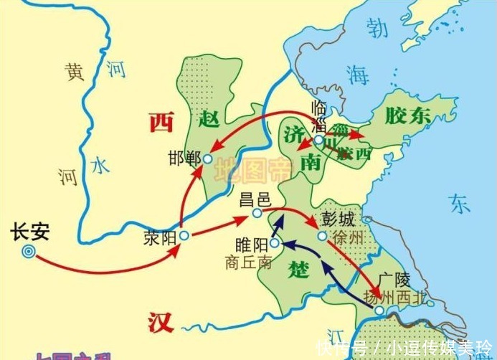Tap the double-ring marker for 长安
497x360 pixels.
(x=29, y=251)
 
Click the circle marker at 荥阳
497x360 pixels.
(x=184, y=235)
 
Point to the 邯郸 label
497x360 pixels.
(x=184, y=159)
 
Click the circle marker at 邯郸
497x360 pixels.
(x=207, y=159)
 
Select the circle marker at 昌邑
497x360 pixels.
(x=257, y=213)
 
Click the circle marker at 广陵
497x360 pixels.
(x=379, y=311)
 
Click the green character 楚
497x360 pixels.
(x=299, y=269)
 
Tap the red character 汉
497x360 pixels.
(x=161, y=323)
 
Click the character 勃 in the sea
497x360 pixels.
(x=377, y=27)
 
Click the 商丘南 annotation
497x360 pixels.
(x=248, y=263)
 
